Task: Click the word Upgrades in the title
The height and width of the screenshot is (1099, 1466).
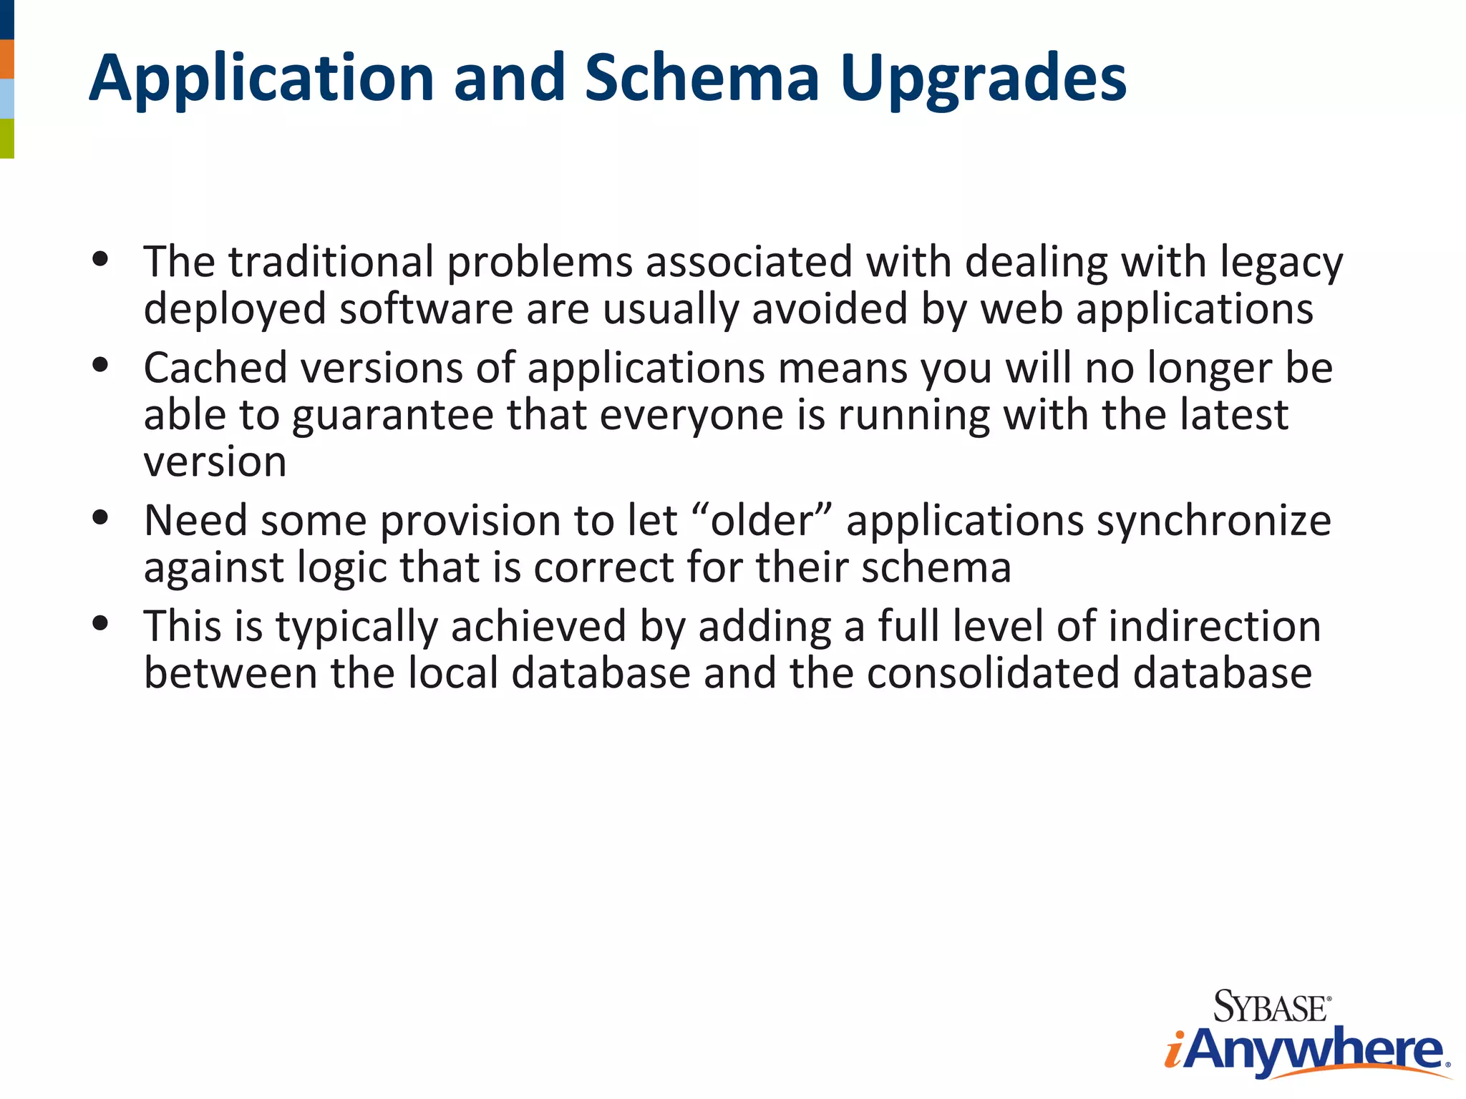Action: tap(983, 80)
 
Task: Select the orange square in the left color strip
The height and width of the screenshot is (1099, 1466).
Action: tap(6, 59)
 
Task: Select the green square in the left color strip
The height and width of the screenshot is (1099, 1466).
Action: tap(6, 138)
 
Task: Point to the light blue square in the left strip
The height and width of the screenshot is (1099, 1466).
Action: tap(6, 99)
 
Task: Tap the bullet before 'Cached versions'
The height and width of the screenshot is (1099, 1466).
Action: tap(100, 365)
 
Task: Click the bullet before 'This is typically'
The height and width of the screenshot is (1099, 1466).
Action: tap(100, 623)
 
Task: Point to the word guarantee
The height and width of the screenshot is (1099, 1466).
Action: tap(392, 416)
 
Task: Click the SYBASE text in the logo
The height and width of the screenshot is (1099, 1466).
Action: tap(1271, 1007)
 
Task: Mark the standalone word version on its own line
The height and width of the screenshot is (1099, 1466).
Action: tap(215, 463)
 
